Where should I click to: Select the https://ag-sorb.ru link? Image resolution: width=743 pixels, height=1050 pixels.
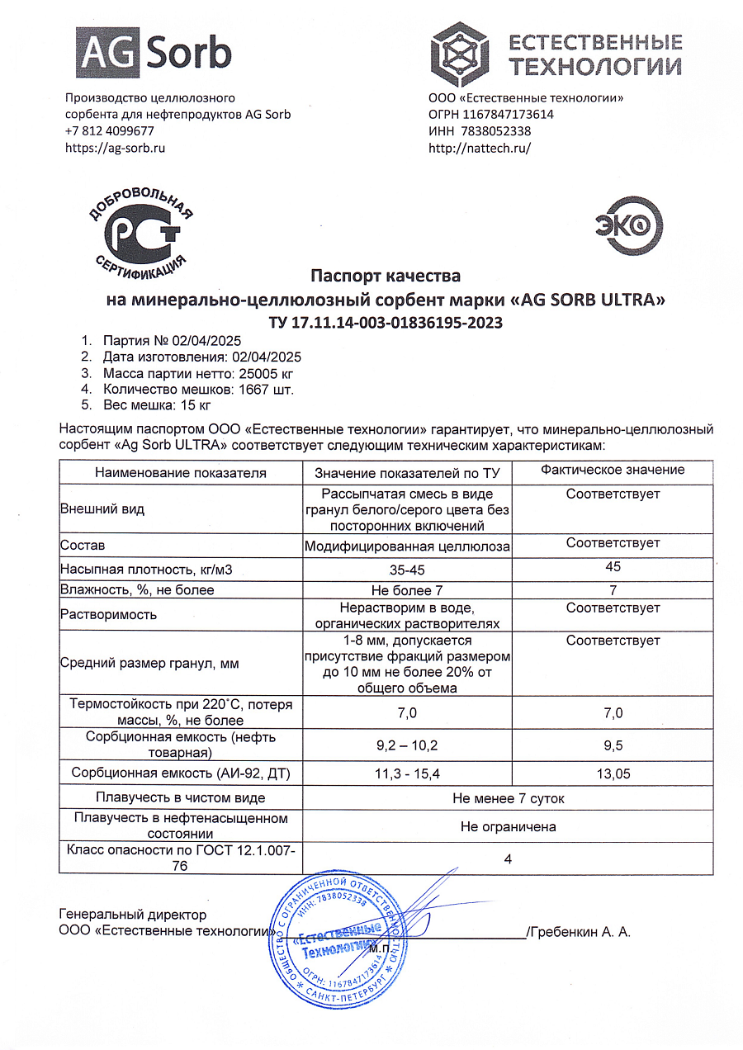(x=116, y=148)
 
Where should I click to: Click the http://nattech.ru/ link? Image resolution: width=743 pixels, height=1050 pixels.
(x=480, y=148)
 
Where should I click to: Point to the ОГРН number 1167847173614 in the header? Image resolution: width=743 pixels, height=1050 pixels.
(x=509, y=115)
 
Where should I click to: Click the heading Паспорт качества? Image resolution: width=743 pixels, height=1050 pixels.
(x=385, y=275)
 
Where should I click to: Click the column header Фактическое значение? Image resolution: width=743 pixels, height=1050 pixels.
(x=613, y=470)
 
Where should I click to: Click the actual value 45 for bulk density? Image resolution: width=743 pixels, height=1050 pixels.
(x=613, y=567)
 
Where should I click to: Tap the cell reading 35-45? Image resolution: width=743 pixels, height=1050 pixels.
(x=407, y=570)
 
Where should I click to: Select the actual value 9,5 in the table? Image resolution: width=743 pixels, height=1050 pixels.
(x=613, y=745)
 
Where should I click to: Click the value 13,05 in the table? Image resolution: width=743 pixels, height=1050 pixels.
(x=613, y=773)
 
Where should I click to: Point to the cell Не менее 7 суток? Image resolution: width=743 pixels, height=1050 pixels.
(x=509, y=798)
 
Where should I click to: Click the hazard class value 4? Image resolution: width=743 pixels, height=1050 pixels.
(x=509, y=858)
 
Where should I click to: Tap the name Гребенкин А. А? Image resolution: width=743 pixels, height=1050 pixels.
(x=581, y=932)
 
